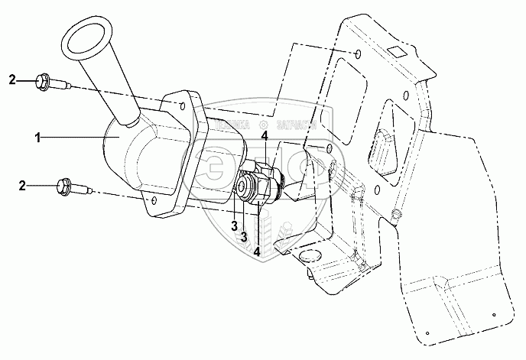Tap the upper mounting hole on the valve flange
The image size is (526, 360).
[x=182, y=102]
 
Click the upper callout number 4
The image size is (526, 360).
[x=264, y=137]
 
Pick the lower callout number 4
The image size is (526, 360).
[x=258, y=250]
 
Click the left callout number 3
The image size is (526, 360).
[x=234, y=227]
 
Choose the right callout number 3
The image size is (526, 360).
[x=243, y=237]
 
